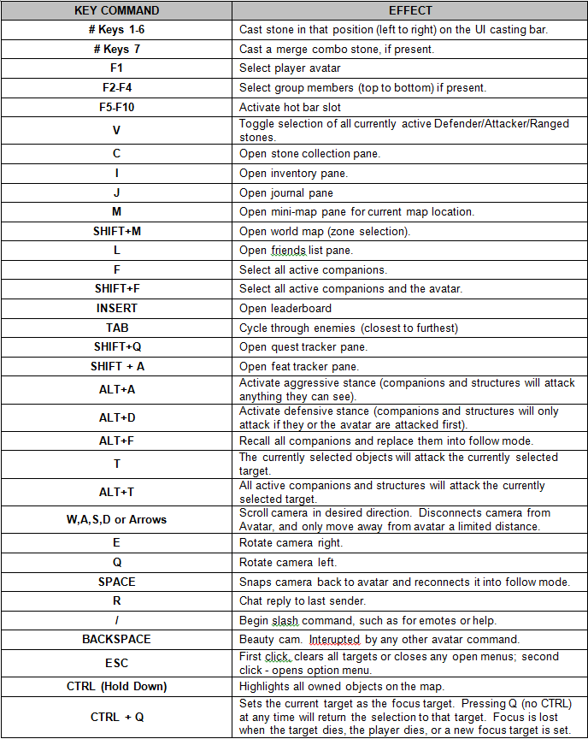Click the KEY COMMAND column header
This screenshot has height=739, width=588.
pos(116,10)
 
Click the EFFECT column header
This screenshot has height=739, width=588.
pos(410,10)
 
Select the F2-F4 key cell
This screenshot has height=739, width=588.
pos(116,88)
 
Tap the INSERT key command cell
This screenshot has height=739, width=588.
pos(116,308)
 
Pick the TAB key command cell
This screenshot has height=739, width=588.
pos(116,328)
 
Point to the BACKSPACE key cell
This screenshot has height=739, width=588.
pos(116,639)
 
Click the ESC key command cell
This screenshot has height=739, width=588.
pos(116,663)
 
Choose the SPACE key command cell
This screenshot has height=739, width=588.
pos(116,582)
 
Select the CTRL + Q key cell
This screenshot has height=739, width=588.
pos(116,717)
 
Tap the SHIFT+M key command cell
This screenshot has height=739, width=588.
pos(116,231)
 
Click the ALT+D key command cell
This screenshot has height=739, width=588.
pos(116,417)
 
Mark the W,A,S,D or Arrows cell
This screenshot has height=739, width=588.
pos(116,519)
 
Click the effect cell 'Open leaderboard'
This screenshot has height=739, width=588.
pos(285,308)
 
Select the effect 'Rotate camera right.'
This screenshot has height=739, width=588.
pos(291,543)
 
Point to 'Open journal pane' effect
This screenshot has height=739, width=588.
pos(286,192)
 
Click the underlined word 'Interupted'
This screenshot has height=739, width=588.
pos(334,639)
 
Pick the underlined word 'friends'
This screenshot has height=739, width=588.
pos(288,251)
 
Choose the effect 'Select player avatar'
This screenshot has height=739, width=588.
pos(290,68)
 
